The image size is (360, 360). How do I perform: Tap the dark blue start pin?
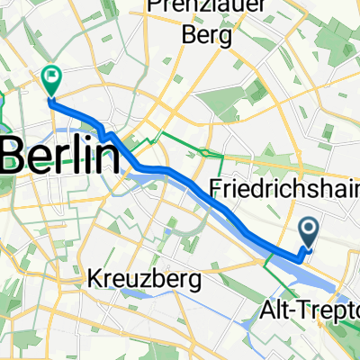pyautogui.click(x=308, y=232)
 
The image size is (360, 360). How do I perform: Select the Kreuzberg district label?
pyautogui.click(x=144, y=280)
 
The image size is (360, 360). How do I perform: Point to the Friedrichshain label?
pyautogui.click(x=283, y=191)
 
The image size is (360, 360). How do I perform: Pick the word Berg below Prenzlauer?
pyautogui.click(x=206, y=37)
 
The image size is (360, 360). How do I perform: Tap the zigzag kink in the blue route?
pyautogui.click(x=109, y=138)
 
